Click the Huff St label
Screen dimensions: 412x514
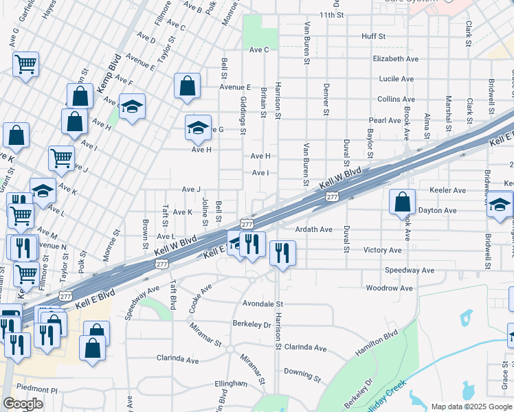click(x=374, y=36)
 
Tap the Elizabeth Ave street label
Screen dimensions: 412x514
click(x=396, y=59)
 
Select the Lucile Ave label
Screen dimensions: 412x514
click(x=396, y=79)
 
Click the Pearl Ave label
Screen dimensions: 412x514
click(x=385, y=120)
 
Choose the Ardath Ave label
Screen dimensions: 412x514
click(x=313, y=229)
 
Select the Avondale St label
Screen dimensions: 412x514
click(x=262, y=303)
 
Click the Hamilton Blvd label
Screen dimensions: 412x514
click(x=377, y=342)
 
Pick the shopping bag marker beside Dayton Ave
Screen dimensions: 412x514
click(x=403, y=202)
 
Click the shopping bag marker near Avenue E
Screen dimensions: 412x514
click(x=187, y=86)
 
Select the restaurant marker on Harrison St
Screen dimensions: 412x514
click(x=282, y=253)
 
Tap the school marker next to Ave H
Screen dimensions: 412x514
click(x=198, y=128)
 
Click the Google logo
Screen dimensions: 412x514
click(x=23, y=404)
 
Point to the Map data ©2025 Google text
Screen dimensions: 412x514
click(x=471, y=407)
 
